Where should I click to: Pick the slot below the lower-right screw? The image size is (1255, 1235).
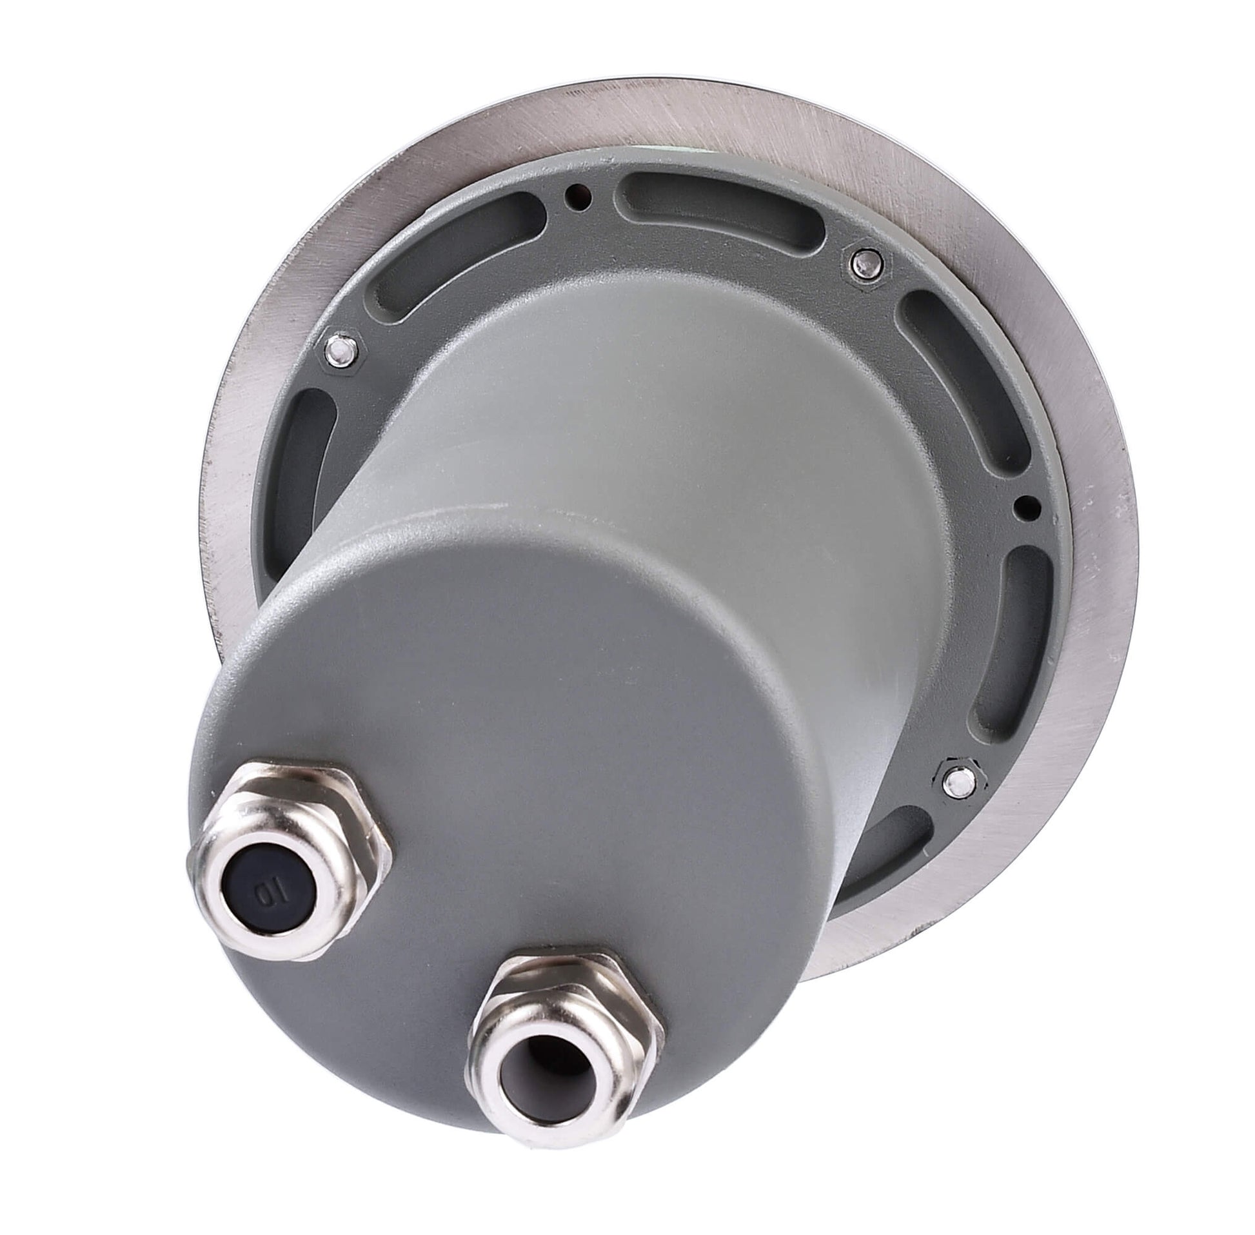(895, 863)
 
